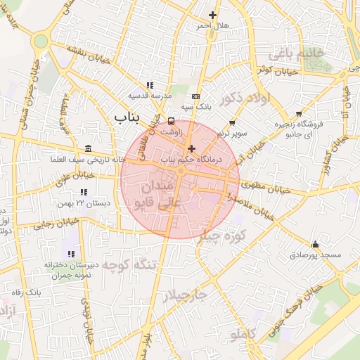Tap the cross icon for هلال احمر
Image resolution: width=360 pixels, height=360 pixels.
coord(213,15)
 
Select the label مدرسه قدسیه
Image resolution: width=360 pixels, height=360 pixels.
coord(148,94)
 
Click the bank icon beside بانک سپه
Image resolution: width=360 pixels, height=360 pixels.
coord(195,96)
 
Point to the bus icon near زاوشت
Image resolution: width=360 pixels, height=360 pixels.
coord(172,121)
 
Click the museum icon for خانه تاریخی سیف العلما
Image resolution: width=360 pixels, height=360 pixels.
coord(87,148)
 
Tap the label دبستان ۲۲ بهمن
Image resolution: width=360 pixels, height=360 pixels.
coord(84,202)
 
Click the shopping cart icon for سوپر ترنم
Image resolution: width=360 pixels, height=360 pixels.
coord(232,122)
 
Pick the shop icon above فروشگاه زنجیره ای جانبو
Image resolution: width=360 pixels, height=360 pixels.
coord(299,113)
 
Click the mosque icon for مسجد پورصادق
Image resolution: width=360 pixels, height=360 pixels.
coord(314,245)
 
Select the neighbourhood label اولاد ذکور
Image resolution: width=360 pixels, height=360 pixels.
coord(244,99)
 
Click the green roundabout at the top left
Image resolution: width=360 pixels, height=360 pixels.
coord(41,41)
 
